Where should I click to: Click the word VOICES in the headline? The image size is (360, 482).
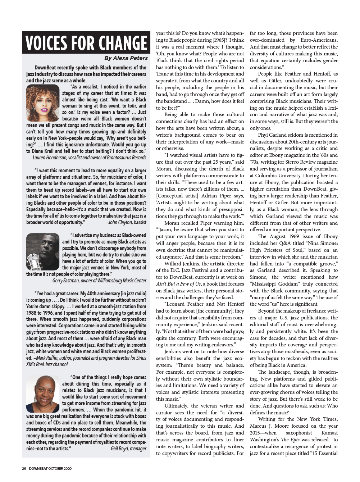(x=46, y=43)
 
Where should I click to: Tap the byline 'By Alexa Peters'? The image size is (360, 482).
(x=126, y=58)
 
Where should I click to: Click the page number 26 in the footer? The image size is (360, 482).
(x=24, y=468)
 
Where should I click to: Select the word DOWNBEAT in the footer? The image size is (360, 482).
(x=38, y=468)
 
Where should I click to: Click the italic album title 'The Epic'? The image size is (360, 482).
(x=289, y=440)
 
